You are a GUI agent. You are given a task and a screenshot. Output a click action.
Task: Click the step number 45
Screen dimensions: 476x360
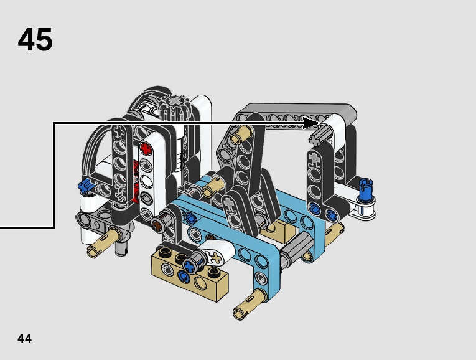tap(35, 39)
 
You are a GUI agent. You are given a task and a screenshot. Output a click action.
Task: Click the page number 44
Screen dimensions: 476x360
tap(25, 338)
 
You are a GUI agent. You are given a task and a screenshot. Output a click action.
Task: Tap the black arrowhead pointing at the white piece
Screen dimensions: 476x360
tap(311, 123)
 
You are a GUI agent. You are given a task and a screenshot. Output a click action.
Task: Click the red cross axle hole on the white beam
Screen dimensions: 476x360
tap(146, 149)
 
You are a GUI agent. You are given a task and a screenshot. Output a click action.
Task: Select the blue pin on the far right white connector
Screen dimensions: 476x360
tap(365, 190)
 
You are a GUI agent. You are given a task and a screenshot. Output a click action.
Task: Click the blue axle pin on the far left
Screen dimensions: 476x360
tap(86, 185)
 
